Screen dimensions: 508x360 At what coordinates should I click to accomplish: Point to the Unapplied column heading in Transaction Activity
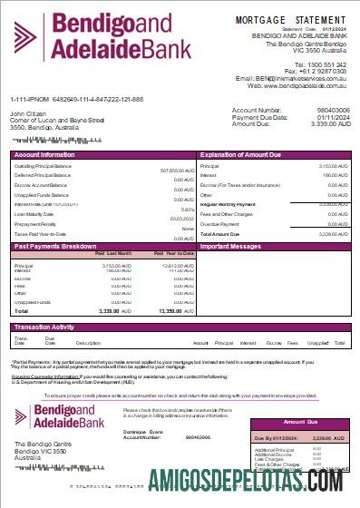pos(316,343)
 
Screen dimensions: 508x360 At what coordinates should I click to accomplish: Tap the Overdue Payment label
pos(220,224)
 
